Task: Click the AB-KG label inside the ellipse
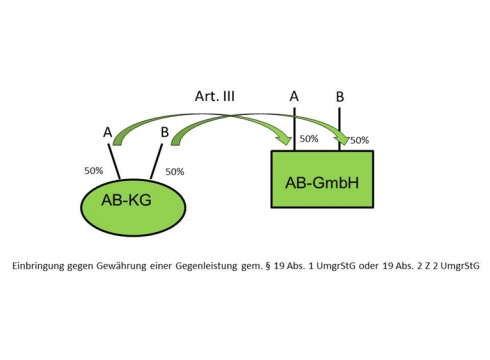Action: pos(126,200)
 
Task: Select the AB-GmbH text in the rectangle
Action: pos(322,183)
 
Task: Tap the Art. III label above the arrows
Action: pos(215,96)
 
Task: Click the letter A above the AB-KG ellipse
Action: pos(107,132)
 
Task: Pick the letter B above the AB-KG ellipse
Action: pos(165,132)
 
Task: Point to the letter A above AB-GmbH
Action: pos(294,96)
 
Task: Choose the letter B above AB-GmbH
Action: pos(340,97)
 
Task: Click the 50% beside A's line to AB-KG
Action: pos(94,171)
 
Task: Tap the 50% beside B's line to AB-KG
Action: pos(175,172)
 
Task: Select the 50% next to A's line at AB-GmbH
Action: pos(309,139)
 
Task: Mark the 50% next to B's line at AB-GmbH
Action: pos(360,140)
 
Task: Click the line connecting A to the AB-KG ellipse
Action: pos(114,161)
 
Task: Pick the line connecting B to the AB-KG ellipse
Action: pos(157,161)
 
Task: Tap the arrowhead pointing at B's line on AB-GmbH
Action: pos(342,138)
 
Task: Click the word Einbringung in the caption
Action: pos(38,266)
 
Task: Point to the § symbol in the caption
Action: pos(268,266)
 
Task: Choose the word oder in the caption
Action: pos(368,266)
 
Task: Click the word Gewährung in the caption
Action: pos(121,266)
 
